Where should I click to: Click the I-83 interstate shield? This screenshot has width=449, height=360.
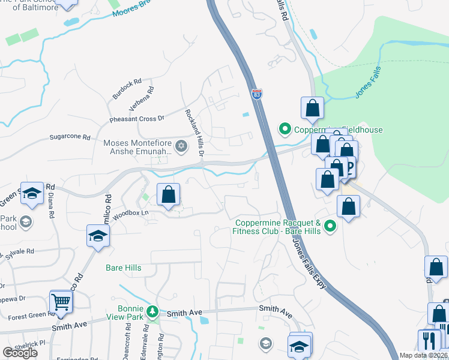click(256, 94)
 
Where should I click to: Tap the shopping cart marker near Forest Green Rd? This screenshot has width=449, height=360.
click(60, 302)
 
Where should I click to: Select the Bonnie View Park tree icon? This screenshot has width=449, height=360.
click(153, 311)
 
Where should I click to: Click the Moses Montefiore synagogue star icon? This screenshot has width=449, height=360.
click(181, 146)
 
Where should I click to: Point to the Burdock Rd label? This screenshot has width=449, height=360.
click(126, 89)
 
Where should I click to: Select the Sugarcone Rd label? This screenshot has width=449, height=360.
click(67, 137)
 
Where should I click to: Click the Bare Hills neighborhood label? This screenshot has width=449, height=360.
click(124, 268)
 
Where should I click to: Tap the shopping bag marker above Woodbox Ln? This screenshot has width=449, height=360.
click(169, 194)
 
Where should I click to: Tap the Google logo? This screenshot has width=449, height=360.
click(20, 353)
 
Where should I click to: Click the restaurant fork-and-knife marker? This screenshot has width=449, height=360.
click(429, 341)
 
